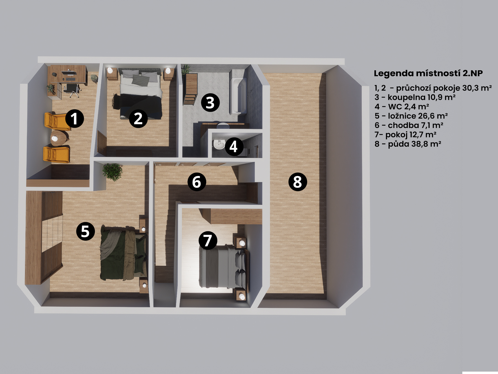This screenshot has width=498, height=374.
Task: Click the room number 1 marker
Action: pos(74,119)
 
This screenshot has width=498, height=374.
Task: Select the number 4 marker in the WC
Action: pos(234,146)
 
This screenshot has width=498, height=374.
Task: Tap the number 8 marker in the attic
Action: pos(298,182)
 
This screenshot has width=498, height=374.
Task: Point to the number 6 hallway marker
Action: pos(197,182)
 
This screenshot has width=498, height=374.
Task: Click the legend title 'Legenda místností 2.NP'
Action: pos(428,73)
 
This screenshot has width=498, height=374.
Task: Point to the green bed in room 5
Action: pos(123,253)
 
